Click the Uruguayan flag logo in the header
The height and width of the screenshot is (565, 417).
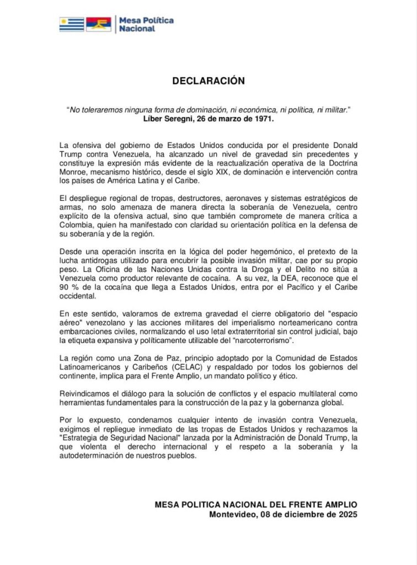click(72, 24)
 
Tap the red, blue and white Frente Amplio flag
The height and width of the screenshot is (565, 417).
click(98, 24)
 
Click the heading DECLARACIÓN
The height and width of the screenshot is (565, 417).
click(208, 81)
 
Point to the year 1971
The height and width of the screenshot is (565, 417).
click(263, 119)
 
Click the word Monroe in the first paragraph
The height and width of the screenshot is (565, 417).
click(74, 172)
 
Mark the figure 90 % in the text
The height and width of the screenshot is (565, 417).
click(68, 287)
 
